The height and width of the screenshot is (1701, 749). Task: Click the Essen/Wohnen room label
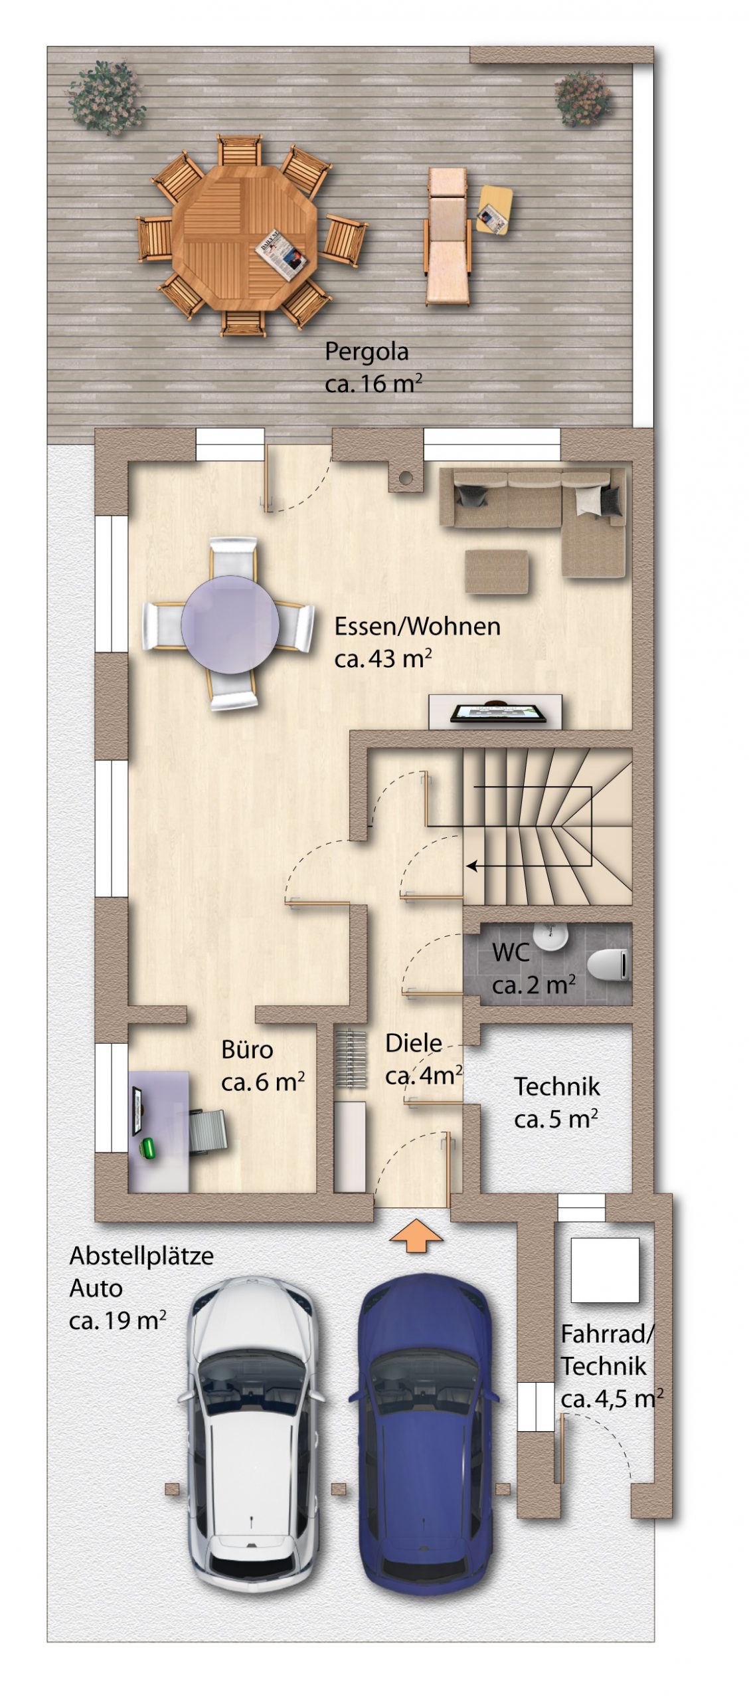[417, 642]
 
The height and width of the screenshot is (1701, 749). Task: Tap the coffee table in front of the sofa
[497, 571]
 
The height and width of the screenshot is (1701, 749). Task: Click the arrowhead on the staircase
[471, 866]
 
